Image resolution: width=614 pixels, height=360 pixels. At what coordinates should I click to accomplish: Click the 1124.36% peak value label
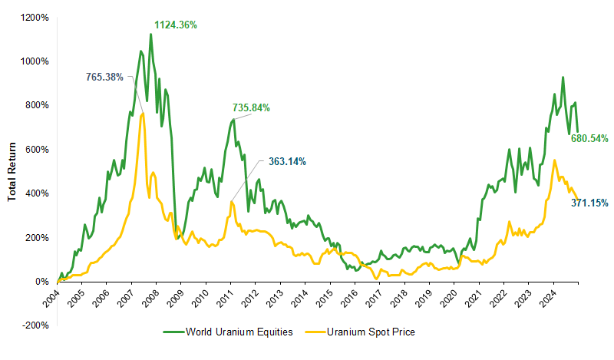(176, 25)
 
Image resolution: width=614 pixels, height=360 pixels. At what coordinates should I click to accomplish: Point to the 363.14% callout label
(287, 161)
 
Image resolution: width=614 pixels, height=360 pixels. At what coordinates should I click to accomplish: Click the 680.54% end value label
(589, 139)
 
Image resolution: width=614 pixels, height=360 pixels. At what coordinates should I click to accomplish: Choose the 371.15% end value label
(589, 203)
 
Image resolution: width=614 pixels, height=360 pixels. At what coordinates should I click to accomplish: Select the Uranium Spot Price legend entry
(365, 332)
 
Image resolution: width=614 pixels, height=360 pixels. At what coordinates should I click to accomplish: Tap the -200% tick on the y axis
(36, 325)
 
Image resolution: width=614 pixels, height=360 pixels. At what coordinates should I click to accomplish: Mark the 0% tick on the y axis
(42, 282)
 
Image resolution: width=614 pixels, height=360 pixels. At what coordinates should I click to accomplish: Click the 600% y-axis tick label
(38, 149)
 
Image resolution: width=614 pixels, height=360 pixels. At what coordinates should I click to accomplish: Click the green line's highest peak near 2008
(150, 34)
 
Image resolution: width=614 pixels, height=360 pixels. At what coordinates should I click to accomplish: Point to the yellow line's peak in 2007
(142, 114)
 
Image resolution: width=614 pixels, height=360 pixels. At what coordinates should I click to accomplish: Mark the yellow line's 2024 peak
(554, 160)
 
